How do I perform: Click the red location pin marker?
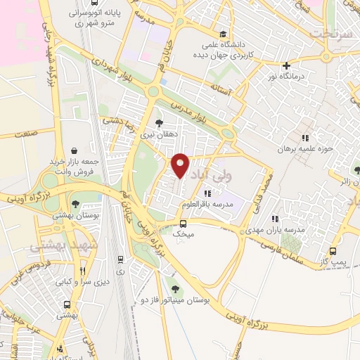181,165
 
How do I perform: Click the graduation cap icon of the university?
223,34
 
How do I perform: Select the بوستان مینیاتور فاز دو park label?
175,301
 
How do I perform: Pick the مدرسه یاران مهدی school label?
275,231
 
